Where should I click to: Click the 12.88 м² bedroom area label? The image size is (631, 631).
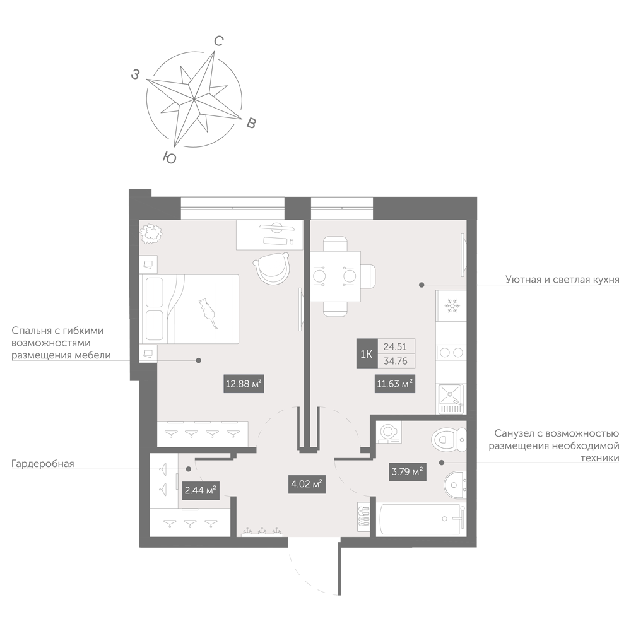click(244, 384)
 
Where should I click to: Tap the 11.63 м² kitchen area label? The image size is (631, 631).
click(395, 384)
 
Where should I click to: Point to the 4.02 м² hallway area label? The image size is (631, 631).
click(307, 484)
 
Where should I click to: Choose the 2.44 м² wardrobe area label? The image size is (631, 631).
click(201, 490)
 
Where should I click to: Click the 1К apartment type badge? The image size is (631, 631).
click(366, 354)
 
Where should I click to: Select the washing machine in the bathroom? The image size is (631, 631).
click(389, 432)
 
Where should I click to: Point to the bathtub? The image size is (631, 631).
click(421, 519)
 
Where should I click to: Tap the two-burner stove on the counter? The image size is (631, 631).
click(451, 353)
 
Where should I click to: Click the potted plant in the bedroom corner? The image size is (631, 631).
click(151, 233)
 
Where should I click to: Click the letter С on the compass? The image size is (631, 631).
click(218, 41)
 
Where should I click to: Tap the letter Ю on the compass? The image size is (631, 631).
click(170, 157)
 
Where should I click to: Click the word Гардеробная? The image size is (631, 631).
click(43, 464)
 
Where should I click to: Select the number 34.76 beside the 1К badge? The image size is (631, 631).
click(396, 361)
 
